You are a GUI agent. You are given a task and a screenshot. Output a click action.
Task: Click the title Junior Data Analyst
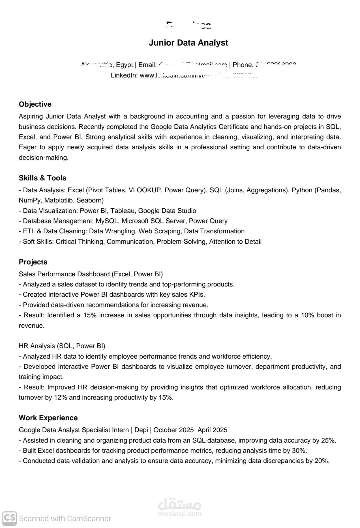click(x=188, y=43)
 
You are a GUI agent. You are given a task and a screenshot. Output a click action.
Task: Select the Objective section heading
click(x=35, y=104)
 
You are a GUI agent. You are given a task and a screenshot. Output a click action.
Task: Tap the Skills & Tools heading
click(x=42, y=178)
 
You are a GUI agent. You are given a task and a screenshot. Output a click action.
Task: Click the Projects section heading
click(x=33, y=262)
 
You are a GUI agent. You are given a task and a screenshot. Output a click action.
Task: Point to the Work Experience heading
click(x=48, y=418)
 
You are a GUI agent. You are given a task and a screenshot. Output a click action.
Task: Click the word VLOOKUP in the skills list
click(x=145, y=190)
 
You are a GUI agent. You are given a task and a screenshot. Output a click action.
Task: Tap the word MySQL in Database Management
click(x=107, y=221)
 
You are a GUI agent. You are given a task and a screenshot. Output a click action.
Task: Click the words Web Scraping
click(x=159, y=231)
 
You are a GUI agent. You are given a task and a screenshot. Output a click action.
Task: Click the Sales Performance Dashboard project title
click(x=64, y=274)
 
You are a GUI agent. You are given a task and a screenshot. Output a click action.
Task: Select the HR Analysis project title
click(x=37, y=346)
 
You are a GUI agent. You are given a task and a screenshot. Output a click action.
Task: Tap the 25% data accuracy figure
click(x=328, y=440)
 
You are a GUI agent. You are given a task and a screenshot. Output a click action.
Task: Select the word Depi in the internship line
click(x=141, y=430)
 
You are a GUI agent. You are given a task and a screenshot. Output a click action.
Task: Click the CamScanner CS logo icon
click(x=10, y=518)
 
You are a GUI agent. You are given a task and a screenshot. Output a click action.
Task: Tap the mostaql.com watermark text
click(x=180, y=514)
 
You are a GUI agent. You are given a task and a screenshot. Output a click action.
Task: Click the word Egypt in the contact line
click(x=125, y=65)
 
